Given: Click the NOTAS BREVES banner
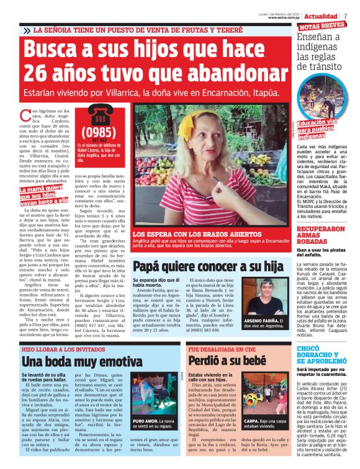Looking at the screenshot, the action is (x=323, y=26).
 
